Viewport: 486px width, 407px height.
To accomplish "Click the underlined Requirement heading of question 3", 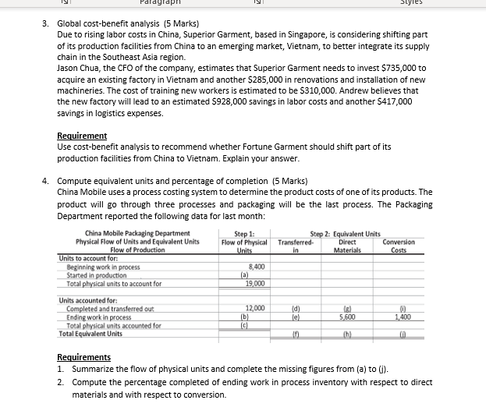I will click(x=82, y=136).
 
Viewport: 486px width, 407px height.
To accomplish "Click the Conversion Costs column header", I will click(x=399, y=246).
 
